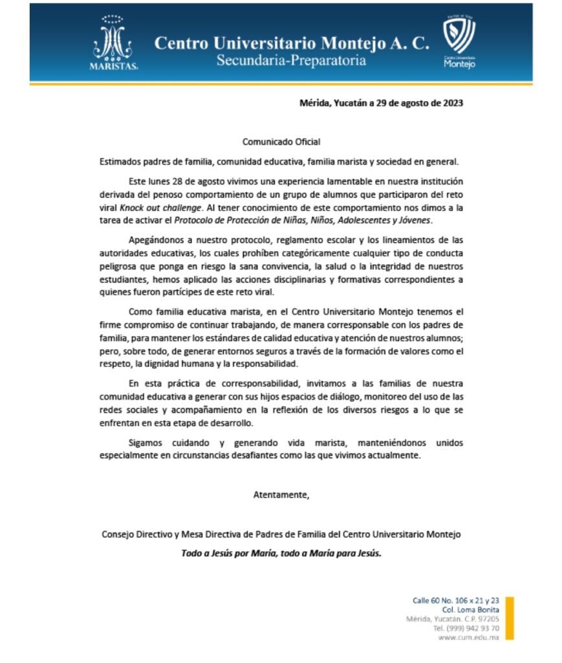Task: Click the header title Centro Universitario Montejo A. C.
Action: coord(291,43)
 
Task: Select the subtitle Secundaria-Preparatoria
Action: coord(291,61)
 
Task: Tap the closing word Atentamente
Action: coord(281,495)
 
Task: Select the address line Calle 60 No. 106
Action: coord(456,600)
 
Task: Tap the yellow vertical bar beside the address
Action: coord(510,618)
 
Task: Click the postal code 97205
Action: coord(486,619)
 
